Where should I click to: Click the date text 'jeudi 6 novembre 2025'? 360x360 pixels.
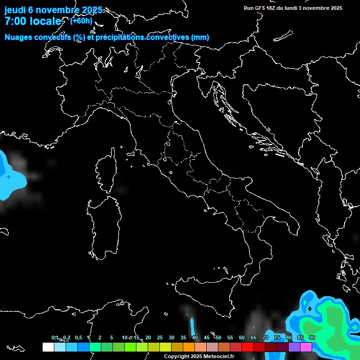[x=53, y=10]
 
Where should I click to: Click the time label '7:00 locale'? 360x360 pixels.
[x=33, y=21]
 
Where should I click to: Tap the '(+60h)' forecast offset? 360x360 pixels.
[x=81, y=21]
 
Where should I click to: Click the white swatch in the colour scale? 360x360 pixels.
[x=48, y=347]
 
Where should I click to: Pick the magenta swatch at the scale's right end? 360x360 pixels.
[x=306, y=347]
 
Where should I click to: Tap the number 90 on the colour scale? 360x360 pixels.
[x=312, y=337]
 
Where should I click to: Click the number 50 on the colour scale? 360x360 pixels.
[x=218, y=337]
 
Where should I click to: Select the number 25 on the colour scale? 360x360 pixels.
[x=160, y=337]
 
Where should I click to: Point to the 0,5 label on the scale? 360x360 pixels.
[x=78, y=337]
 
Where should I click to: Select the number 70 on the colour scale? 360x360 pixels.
[x=265, y=337]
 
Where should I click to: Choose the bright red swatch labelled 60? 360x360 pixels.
[x=247, y=347]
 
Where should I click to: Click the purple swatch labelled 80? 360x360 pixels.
[x=294, y=347]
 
